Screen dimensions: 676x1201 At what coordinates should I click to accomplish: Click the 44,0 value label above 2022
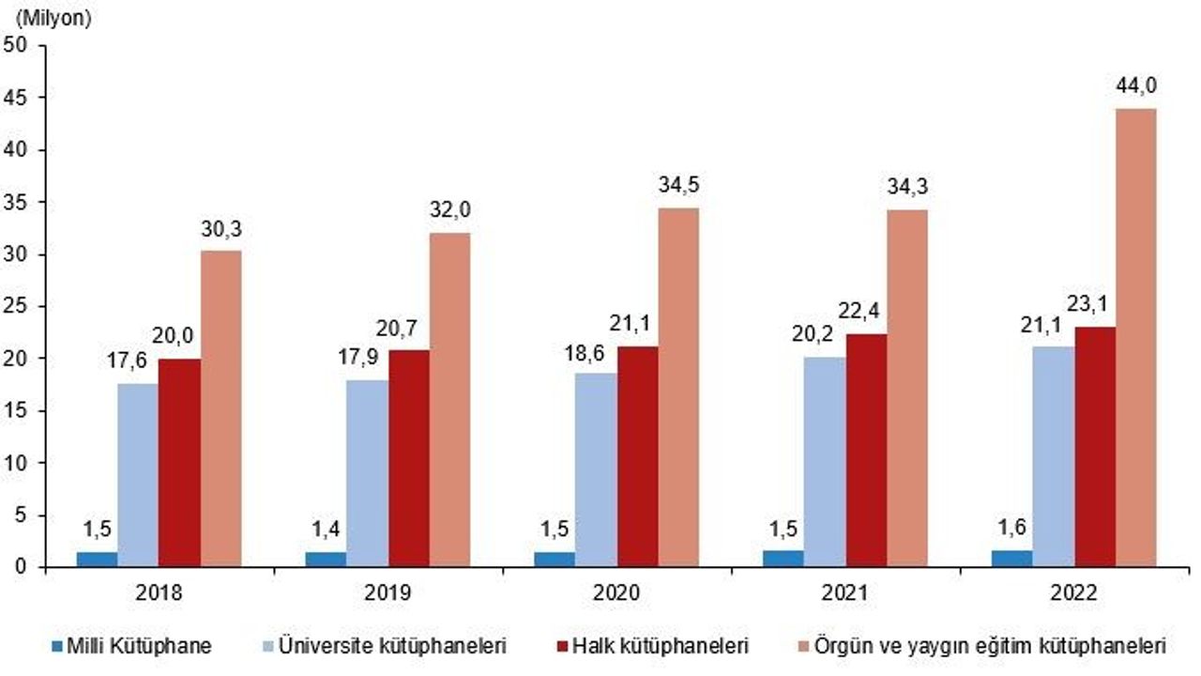(1136, 86)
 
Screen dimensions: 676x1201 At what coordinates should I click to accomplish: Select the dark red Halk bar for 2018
(179, 463)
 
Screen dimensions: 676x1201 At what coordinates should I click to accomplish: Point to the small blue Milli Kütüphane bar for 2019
(326, 560)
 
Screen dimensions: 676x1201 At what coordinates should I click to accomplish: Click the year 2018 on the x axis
(159, 594)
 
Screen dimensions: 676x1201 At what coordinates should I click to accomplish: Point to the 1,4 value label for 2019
(325, 528)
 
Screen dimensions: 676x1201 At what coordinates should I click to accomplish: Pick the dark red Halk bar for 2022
(1096, 447)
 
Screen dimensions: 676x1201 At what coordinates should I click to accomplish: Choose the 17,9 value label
(366, 358)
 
